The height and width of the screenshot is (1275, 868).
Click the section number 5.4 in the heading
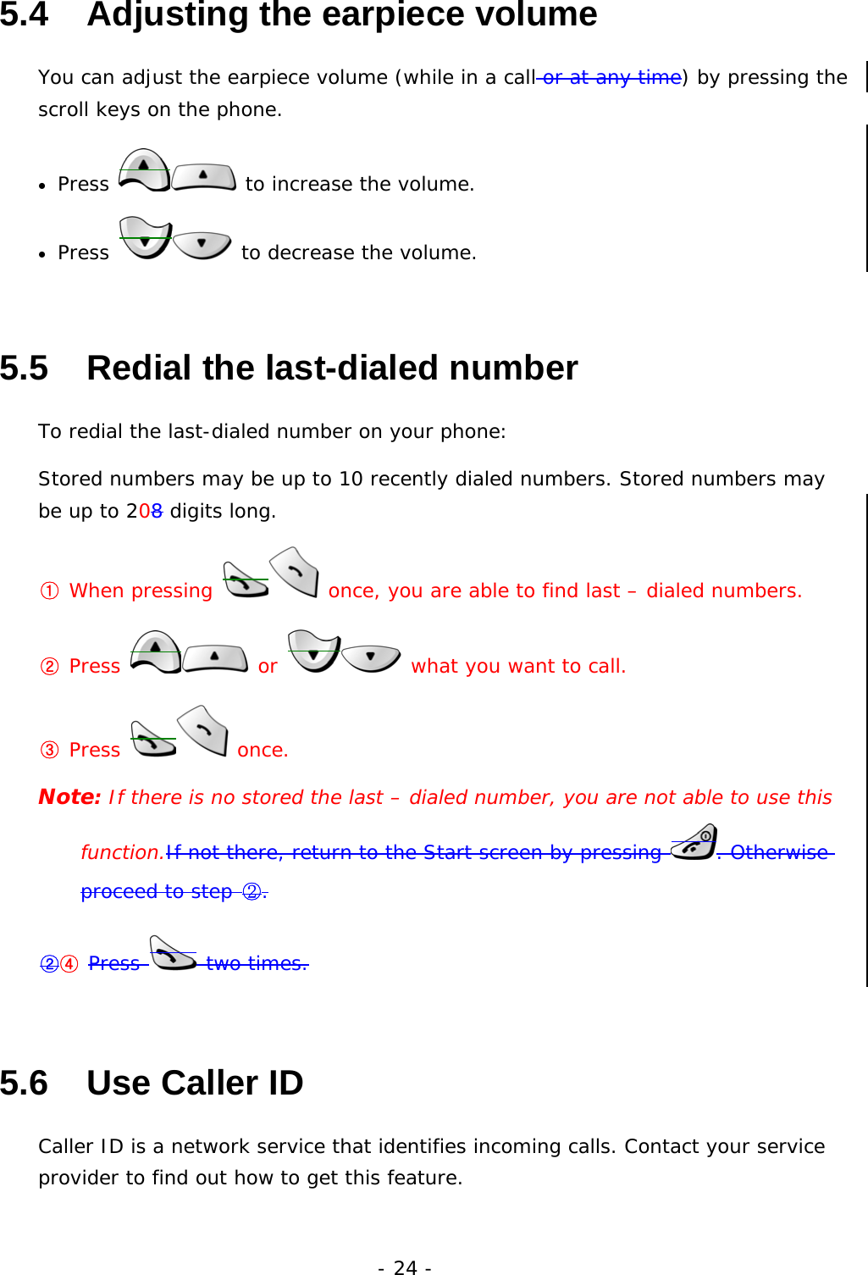[x=25, y=14]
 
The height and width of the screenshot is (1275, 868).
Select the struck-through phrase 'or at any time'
[x=611, y=77]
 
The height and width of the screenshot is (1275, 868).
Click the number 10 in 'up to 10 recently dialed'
[x=351, y=479]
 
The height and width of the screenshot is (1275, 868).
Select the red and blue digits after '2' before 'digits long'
[x=151, y=511]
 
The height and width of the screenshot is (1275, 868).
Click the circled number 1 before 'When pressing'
[x=50, y=590]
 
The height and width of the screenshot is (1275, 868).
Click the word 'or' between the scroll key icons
[x=268, y=667]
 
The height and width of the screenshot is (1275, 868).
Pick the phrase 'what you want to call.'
[x=518, y=666]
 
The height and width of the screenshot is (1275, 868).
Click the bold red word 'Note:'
[x=69, y=797]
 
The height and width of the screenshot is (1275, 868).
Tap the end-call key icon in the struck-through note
[x=694, y=842]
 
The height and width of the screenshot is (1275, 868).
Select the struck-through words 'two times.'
[x=257, y=963]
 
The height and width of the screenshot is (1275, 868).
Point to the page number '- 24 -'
[x=405, y=1267]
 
